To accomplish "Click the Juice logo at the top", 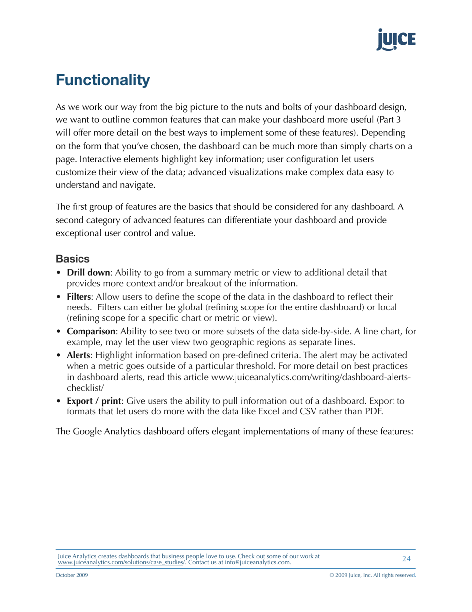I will pyautogui.click(x=395, y=40).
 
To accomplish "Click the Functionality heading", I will pyautogui.click(x=102, y=81).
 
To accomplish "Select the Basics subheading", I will pyautogui.click(x=73, y=259).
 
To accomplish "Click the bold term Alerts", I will pyautogui.click(x=79, y=355).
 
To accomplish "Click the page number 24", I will pyautogui.click(x=406, y=559).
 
